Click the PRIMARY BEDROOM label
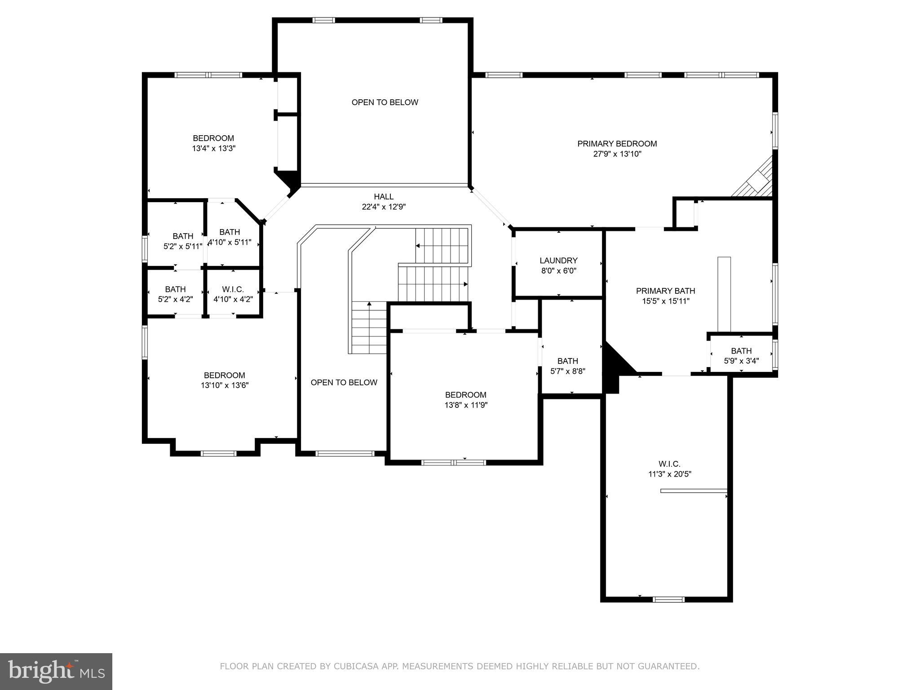[x=617, y=144]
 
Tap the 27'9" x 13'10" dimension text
[x=617, y=154]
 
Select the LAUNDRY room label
[x=558, y=261]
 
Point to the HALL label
[x=384, y=197]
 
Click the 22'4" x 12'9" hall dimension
[x=384, y=207]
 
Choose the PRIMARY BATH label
[x=665, y=291]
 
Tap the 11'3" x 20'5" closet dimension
[x=669, y=474]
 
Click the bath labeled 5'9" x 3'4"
[x=741, y=356]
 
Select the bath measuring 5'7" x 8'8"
[x=568, y=366]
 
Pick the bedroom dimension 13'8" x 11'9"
[x=466, y=405]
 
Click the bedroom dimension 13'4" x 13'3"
[x=214, y=148]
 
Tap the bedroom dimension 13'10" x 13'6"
[x=225, y=385]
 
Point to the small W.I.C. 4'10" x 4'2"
[x=233, y=294]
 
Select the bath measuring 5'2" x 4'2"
[x=175, y=294]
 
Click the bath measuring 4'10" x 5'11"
[x=230, y=237]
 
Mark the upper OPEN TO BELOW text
[x=385, y=102]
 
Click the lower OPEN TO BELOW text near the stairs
[x=344, y=383]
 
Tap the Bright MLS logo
[x=56, y=671]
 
